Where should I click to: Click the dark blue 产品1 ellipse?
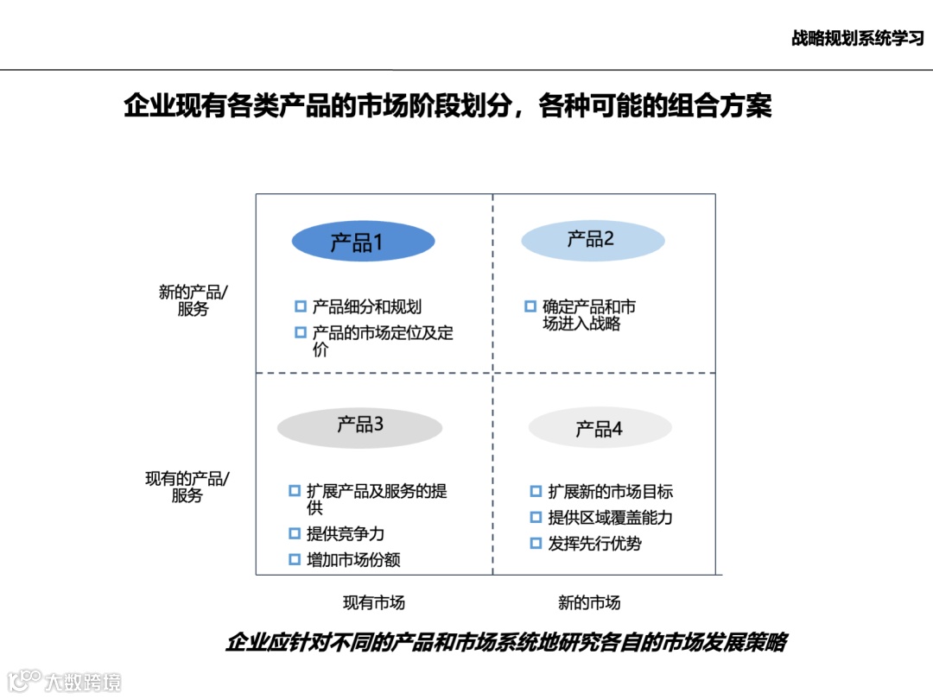(363, 242)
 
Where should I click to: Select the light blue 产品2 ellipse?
(593, 240)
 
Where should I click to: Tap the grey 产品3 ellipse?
(359, 426)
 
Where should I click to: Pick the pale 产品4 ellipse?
(600, 428)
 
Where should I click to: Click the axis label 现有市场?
(374, 602)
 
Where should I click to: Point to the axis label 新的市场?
(589, 602)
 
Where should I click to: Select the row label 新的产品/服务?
(193, 300)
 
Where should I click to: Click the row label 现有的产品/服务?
(187, 487)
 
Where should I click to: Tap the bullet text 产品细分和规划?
(367, 306)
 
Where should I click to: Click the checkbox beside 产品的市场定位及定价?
(301, 332)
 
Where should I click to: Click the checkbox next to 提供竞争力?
(295, 533)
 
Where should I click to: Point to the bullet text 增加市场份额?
(353, 559)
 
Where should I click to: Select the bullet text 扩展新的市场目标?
(610, 492)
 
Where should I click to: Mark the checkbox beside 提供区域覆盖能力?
(536, 518)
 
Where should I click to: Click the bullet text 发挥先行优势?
(594, 544)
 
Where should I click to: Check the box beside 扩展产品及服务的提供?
(295, 491)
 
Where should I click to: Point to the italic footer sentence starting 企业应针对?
(506, 643)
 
